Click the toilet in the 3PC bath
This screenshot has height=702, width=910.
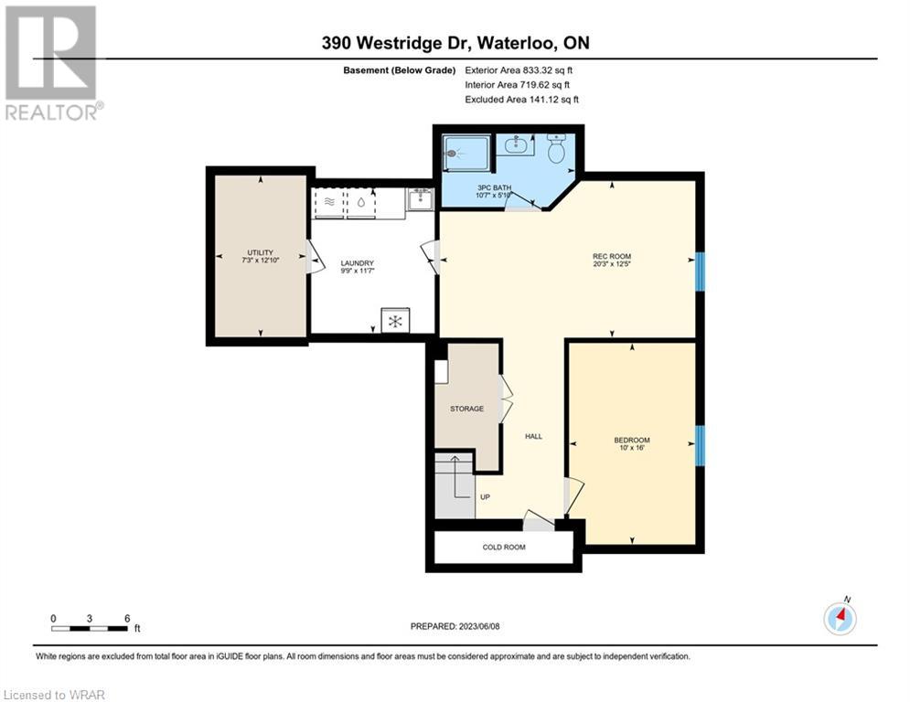tap(557, 149)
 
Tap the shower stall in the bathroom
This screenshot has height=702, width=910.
tap(467, 154)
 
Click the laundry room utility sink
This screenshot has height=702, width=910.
tap(419, 199)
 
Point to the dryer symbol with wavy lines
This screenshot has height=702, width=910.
tap(329, 203)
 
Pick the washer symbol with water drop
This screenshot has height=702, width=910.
tap(361, 203)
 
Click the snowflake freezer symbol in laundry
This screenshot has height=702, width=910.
tap(395, 321)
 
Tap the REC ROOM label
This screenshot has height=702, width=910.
tap(612, 257)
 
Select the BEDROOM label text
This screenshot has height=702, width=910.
tap(632, 441)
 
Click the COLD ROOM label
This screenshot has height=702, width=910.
tap(504, 548)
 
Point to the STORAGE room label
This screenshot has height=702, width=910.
tap(466, 409)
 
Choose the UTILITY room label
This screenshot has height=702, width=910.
tap(260, 253)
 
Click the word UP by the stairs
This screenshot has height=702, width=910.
tap(485, 497)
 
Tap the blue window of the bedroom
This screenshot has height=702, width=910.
tap(700, 445)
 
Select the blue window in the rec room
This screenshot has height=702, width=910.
tap(700, 271)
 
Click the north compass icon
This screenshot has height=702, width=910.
tap(840, 619)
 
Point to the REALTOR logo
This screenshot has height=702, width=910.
tap(52, 63)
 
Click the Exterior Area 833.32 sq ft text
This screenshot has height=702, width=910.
tap(519, 70)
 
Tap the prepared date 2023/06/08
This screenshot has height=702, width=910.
tap(479, 626)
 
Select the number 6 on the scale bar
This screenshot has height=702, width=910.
tap(127, 619)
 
